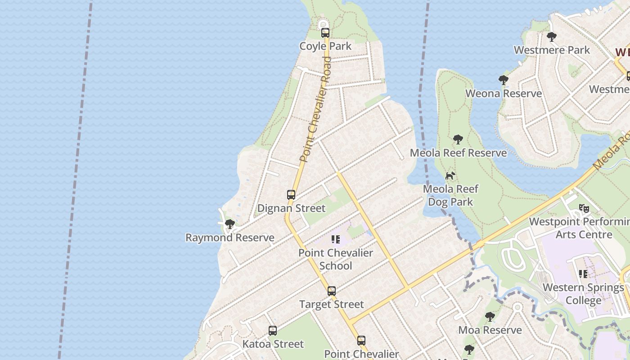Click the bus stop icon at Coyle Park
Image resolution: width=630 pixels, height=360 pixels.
325,33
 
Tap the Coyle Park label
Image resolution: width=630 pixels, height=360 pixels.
325,46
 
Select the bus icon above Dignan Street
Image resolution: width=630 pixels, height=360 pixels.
291,195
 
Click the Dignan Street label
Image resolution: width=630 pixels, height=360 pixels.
291,208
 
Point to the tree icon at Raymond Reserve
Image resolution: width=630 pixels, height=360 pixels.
230,224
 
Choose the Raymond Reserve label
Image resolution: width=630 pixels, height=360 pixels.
230,238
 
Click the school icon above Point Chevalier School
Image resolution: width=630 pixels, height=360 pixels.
336,239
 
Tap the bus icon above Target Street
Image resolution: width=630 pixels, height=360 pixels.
332,291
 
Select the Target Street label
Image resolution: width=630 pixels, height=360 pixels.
332,304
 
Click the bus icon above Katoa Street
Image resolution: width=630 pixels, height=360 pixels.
272,331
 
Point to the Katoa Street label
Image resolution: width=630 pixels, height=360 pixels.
273,344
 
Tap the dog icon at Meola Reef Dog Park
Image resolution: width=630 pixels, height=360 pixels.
450,175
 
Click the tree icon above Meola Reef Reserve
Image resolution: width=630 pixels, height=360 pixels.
458,139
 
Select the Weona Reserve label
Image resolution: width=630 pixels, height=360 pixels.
504,94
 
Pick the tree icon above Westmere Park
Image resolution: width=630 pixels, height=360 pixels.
552,37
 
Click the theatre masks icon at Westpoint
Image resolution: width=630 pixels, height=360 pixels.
584,208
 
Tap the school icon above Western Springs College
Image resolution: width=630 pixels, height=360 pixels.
583,274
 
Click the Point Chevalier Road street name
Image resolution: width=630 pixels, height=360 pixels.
315,109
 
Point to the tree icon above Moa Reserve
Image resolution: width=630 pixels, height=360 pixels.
490,317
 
